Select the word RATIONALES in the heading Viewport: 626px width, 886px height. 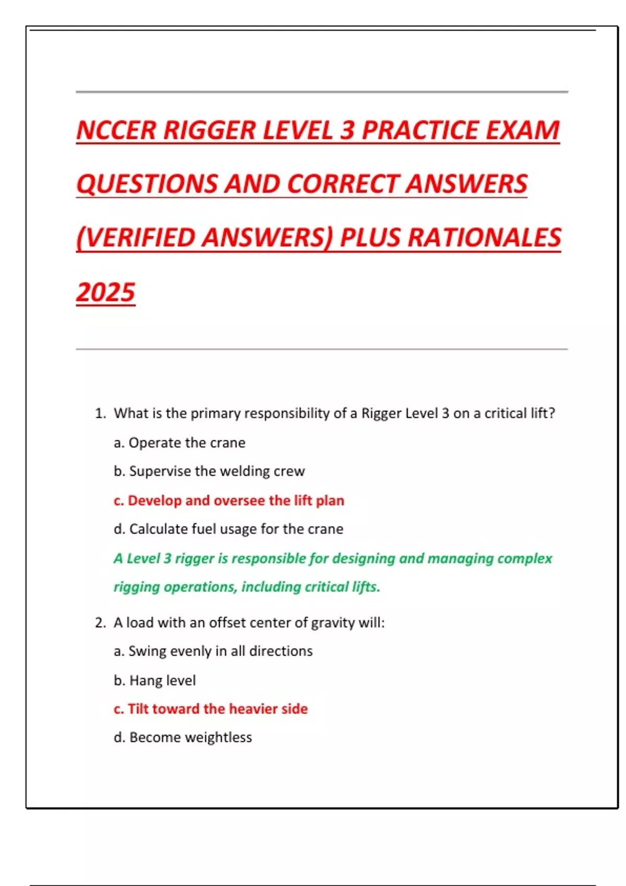484,238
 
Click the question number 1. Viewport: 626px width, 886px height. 100,413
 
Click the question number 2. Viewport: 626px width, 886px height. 100,623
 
